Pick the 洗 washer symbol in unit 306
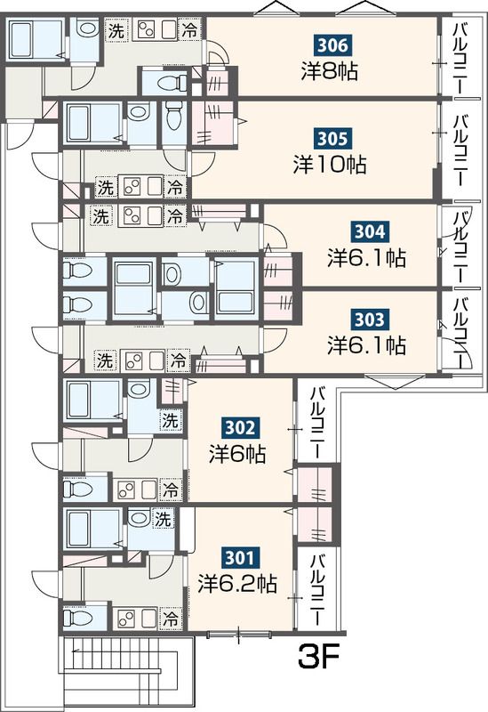(116, 29)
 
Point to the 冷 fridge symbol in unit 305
(176, 188)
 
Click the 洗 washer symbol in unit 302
(169, 420)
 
